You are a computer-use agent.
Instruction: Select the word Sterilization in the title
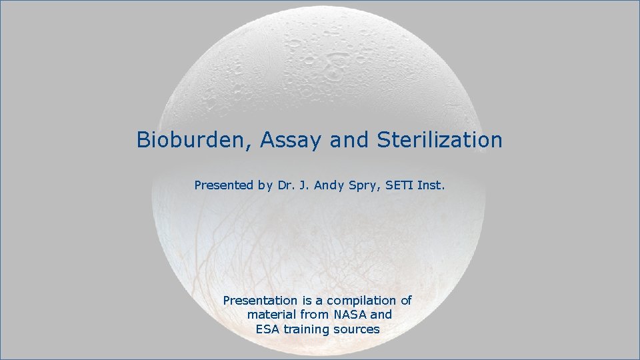point(439,140)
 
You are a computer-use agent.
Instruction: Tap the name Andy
point(326,185)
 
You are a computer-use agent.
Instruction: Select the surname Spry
point(361,185)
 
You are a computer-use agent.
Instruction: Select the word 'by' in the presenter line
point(264,185)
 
